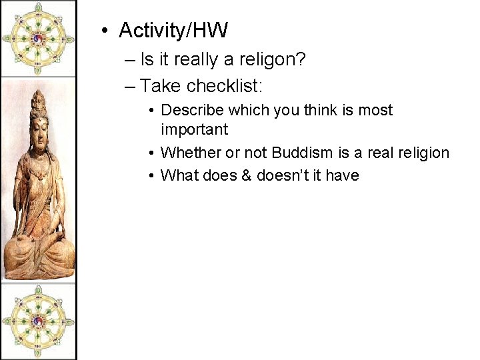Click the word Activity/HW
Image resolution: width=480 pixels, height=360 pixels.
click(x=173, y=30)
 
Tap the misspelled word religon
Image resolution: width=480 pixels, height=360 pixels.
click(x=268, y=60)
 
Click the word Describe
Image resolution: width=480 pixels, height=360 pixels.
click(x=190, y=110)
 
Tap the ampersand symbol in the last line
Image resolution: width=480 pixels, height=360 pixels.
click(x=248, y=175)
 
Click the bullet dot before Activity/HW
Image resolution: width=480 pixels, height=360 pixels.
click(x=105, y=31)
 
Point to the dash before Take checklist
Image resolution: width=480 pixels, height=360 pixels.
click(x=129, y=86)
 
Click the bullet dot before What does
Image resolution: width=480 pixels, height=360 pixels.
click(x=152, y=175)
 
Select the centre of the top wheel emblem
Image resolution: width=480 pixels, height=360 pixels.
click(x=37, y=39)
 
